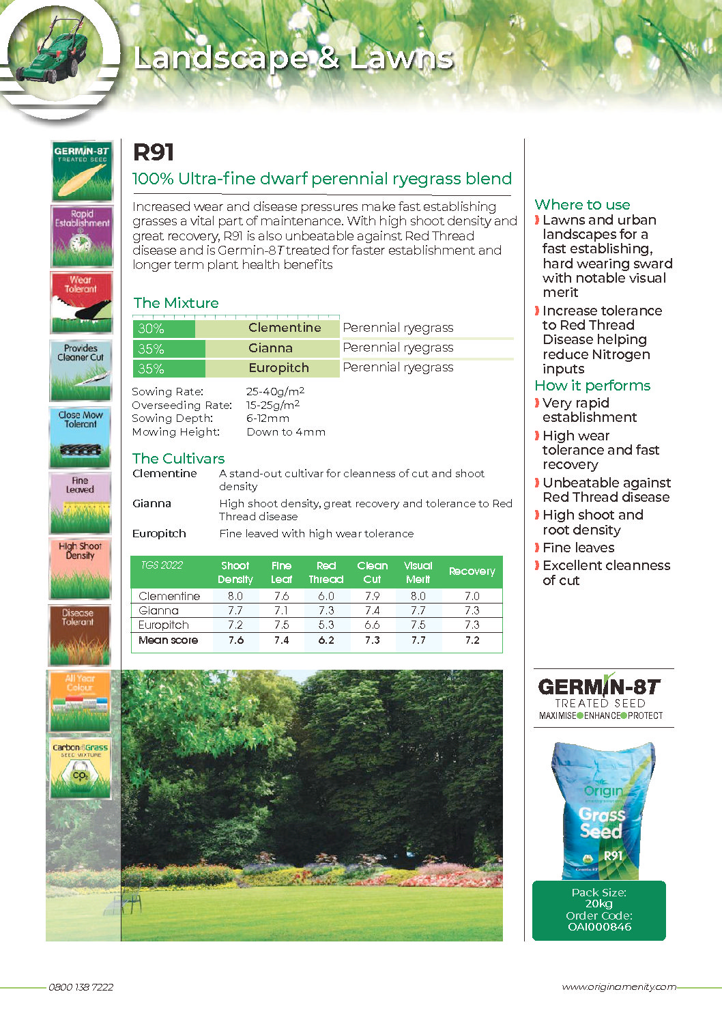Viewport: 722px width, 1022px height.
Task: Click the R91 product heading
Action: tap(154, 152)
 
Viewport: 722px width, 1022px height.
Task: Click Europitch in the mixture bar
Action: tap(278, 368)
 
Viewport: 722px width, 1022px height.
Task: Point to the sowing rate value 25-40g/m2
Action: tap(275, 391)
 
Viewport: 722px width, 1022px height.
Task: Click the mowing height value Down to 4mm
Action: tap(286, 432)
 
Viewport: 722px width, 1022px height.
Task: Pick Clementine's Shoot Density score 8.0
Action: tap(235, 596)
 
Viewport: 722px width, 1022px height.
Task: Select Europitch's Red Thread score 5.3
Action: tap(326, 625)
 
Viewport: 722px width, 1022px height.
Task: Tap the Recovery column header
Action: tap(472, 571)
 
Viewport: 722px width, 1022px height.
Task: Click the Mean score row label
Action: tap(168, 640)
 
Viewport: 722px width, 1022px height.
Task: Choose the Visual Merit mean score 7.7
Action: tap(418, 640)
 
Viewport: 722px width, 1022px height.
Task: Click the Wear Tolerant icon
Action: tap(81, 302)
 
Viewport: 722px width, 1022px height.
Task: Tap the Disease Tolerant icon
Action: tap(79, 636)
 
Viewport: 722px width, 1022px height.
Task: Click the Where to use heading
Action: tap(582, 204)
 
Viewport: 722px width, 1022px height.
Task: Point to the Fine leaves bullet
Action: tap(578, 548)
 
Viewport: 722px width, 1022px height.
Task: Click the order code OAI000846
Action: tap(599, 927)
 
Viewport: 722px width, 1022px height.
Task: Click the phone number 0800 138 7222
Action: tap(81, 987)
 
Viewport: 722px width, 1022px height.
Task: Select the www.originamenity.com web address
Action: tap(618, 987)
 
